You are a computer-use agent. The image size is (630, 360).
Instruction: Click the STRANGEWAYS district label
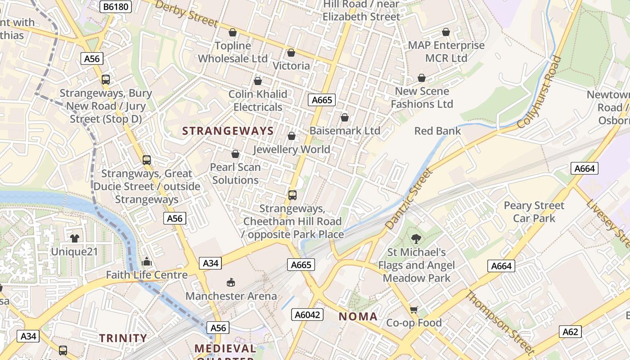[x=228, y=131]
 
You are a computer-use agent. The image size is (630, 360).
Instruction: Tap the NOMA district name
[x=358, y=316]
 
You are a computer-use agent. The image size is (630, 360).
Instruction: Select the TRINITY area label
[x=123, y=338]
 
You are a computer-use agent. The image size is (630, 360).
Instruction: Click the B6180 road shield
[x=115, y=6]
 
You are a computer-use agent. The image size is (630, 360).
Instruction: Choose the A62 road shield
[x=570, y=332]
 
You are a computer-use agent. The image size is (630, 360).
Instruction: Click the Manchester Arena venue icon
[x=231, y=282]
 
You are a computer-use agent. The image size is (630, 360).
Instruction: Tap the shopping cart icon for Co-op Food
[x=414, y=309]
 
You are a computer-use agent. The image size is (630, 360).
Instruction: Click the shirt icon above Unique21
[x=74, y=238]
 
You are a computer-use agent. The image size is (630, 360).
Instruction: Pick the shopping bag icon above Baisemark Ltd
[x=344, y=117]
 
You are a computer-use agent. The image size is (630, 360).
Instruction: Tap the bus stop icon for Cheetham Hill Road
[x=292, y=195]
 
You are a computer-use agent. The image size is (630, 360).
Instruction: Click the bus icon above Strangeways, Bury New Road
[x=105, y=80]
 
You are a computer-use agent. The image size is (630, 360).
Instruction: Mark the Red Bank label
[x=437, y=131]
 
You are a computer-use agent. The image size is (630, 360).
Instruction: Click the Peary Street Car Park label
[x=534, y=212]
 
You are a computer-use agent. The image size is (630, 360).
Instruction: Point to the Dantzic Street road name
[x=409, y=198]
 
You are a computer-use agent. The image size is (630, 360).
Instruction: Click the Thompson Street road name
[x=499, y=323]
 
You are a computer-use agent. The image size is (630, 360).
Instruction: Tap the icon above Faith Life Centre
[x=147, y=261]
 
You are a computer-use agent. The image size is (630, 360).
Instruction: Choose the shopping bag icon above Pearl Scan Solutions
[x=235, y=154]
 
